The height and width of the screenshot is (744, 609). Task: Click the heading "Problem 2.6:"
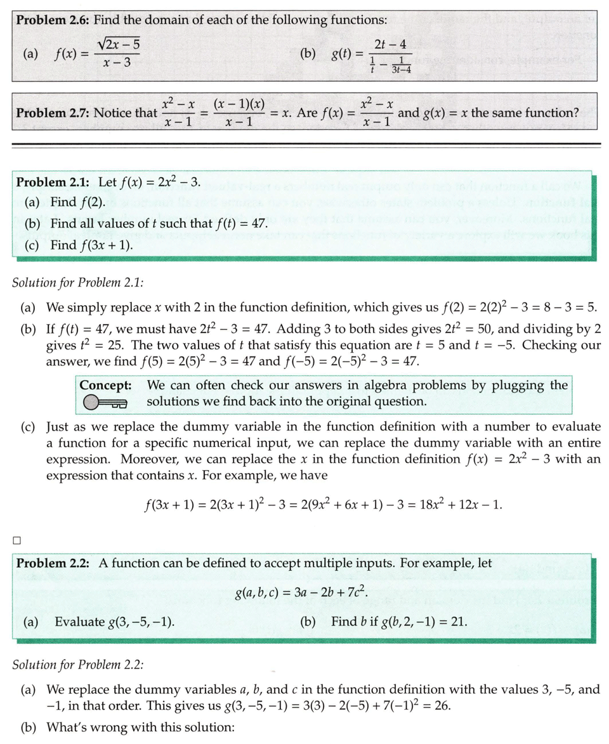[53, 20]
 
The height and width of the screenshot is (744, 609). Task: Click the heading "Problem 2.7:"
[53, 113]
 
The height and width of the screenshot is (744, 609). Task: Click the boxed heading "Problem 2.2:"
[53, 563]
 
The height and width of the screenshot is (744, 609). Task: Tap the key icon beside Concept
[105, 402]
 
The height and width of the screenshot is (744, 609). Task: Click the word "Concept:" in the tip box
[105, 386]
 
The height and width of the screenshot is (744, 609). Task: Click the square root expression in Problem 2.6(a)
[119, 44]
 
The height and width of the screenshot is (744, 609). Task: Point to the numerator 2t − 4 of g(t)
[390, 44]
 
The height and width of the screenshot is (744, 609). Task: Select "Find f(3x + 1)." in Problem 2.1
[92, 245]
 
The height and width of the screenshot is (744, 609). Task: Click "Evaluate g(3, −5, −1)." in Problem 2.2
[115, 622]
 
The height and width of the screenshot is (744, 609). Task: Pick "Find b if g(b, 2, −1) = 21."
[399, 622]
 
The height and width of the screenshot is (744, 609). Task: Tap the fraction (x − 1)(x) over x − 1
[239, 113]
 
